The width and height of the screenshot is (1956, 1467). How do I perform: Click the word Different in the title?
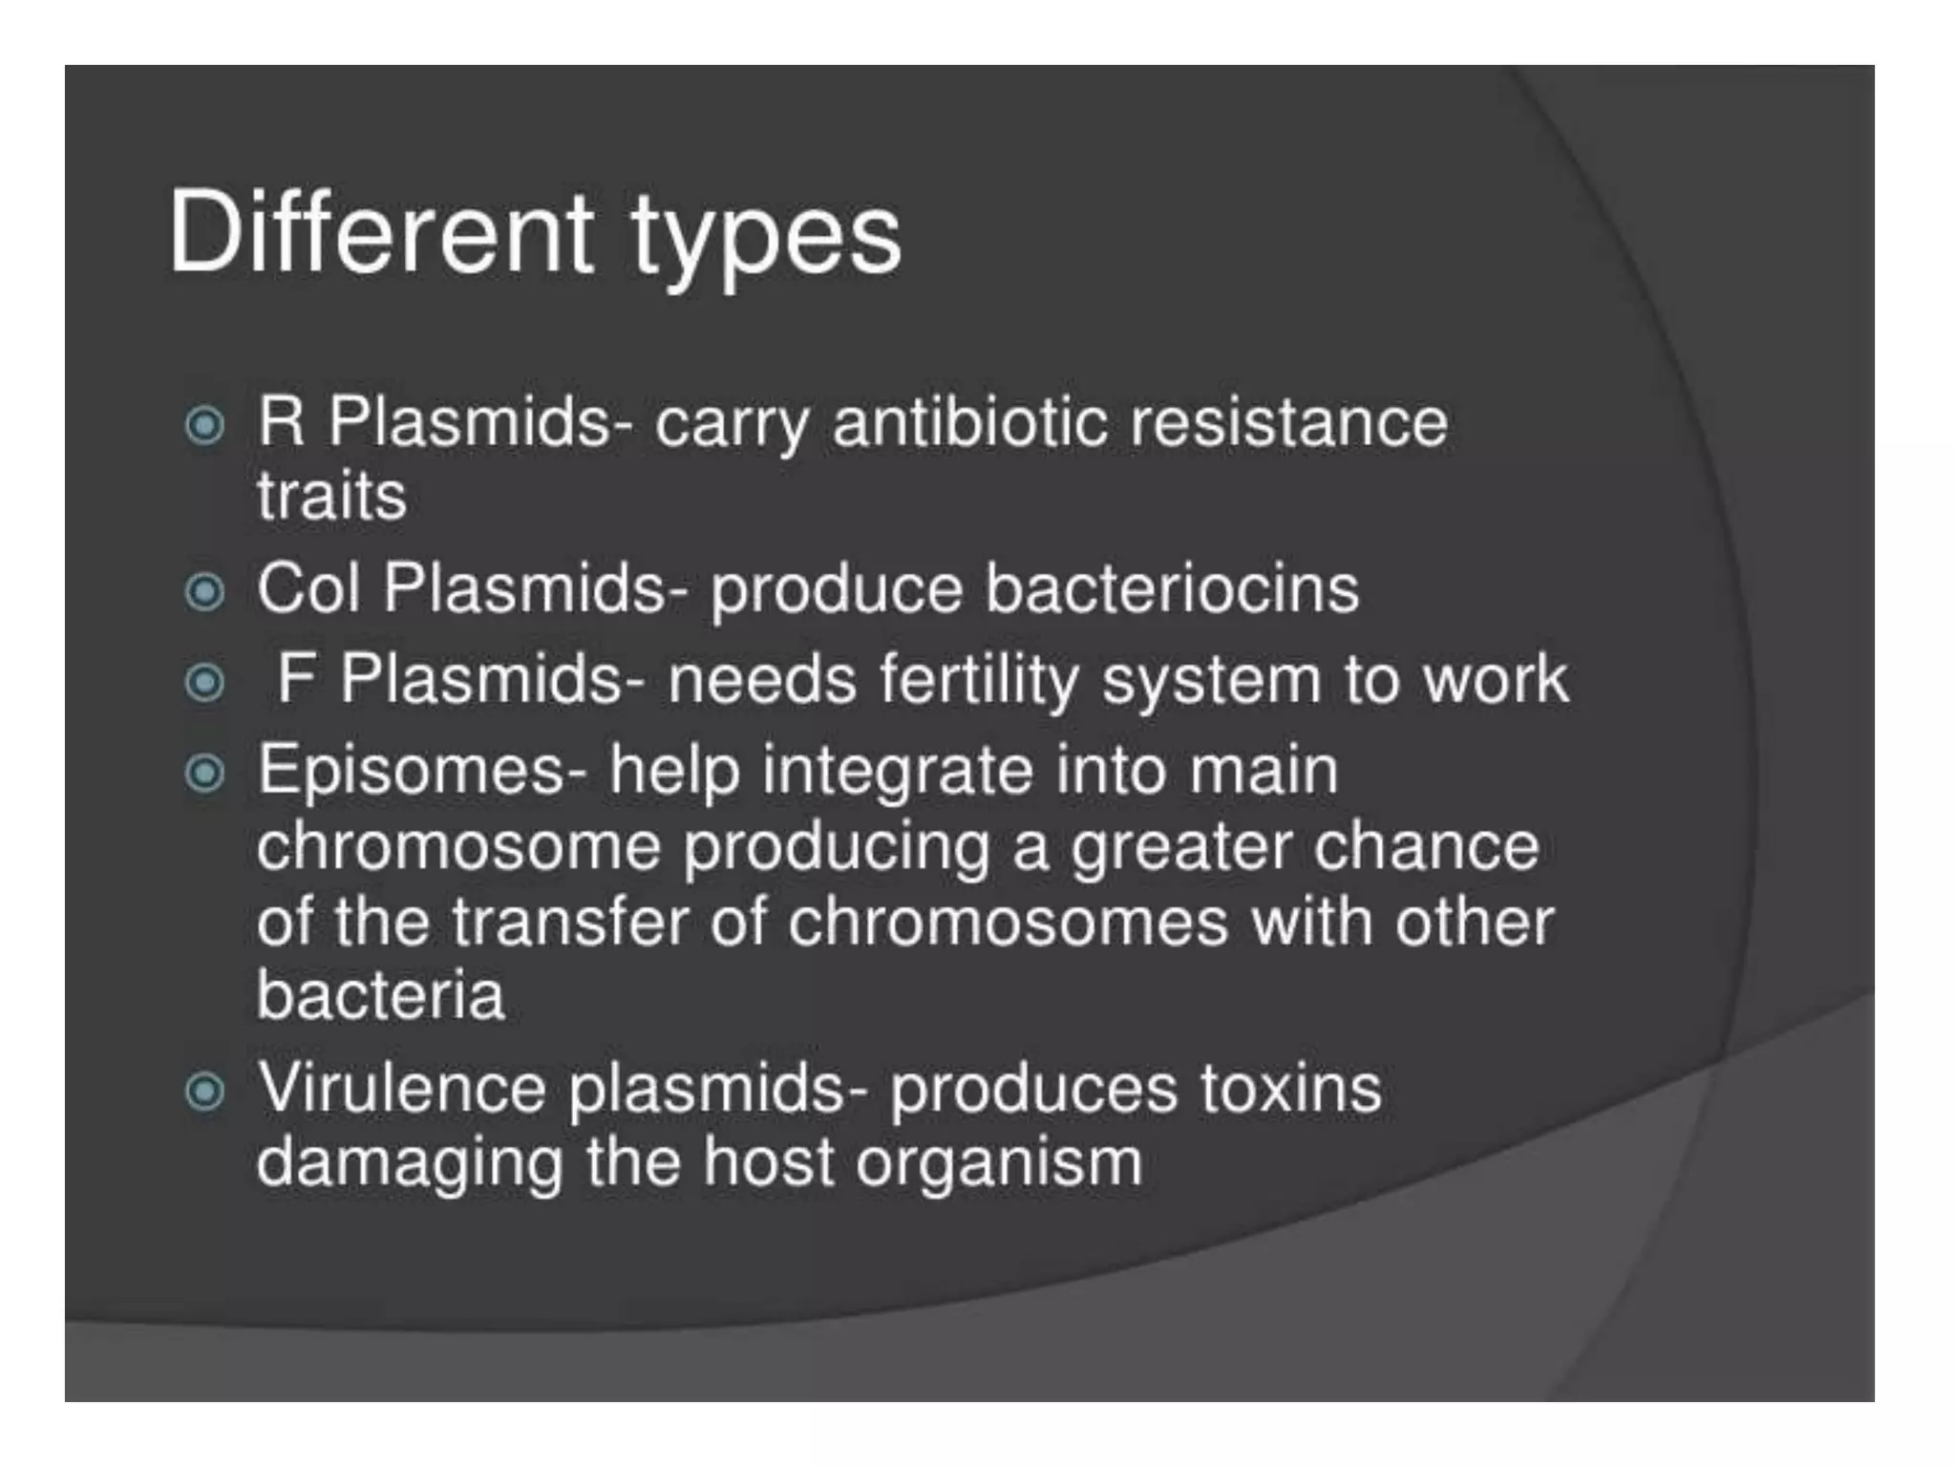pos(380,233)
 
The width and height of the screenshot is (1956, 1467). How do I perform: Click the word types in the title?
pos(765,239)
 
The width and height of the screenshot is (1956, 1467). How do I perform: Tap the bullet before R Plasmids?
pos(204,425)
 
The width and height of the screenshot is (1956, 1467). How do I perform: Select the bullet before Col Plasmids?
pos(204,592)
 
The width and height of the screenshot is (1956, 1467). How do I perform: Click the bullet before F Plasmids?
pos(204,683)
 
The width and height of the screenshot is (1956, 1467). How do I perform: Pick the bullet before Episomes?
pos(204,773)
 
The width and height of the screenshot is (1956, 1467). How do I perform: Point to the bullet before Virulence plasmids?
pos(204,1091)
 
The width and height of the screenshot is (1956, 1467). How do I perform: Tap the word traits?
pos(331,497)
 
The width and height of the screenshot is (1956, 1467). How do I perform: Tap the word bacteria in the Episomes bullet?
pos(380,995)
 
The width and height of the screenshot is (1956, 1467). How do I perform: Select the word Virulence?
pos(402,1088)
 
